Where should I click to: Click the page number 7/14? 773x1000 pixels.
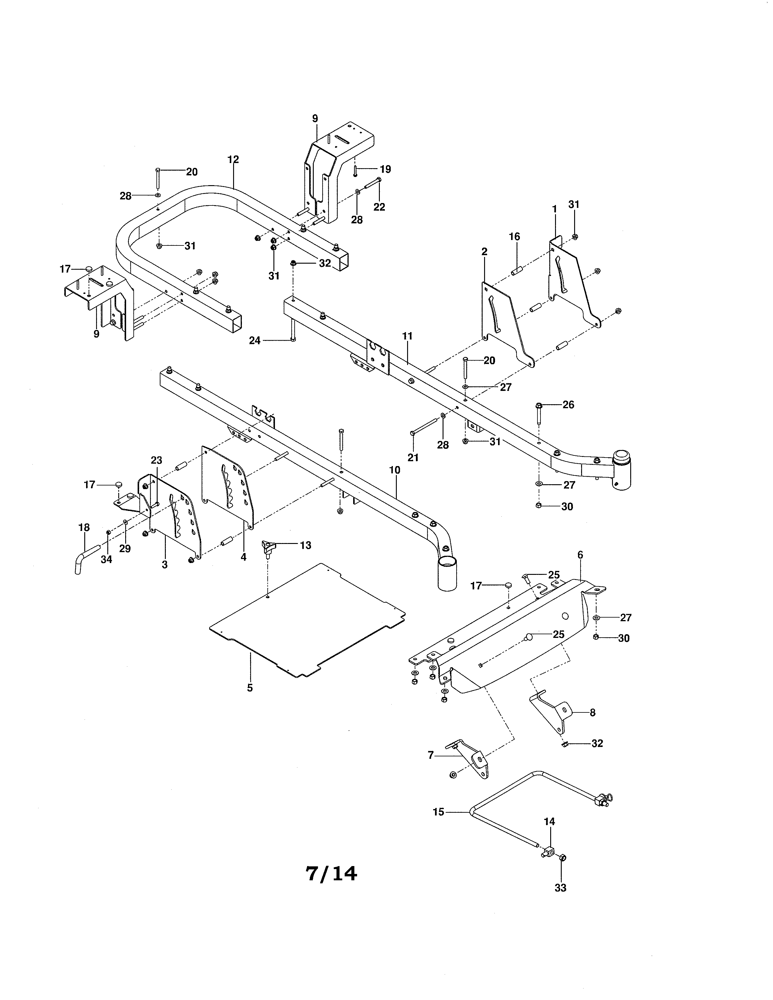coord(331,874)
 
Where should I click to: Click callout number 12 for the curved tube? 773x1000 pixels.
coord(233,160)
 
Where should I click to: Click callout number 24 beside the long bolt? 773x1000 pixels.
coord(255,340)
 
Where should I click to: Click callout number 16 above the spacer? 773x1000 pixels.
coord(515,237)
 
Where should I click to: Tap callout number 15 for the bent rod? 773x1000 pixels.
coord(438,812)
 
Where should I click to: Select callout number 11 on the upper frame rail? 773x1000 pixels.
coord(407,336)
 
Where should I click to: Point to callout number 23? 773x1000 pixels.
coord(157,460)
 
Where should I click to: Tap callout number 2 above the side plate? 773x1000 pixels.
coord(484,252)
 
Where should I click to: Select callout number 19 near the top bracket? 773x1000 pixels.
coord(386,169)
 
